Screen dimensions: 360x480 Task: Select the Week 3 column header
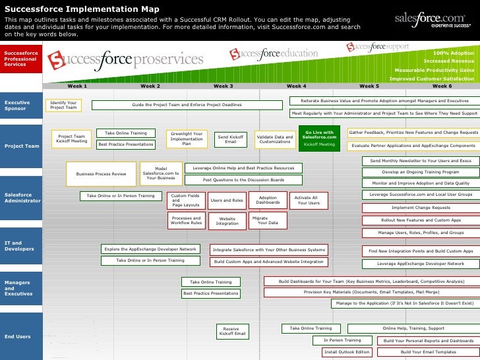pyautogui.click(x=223, y=86)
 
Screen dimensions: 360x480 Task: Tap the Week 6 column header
pyautogui.click(x=442, y=86)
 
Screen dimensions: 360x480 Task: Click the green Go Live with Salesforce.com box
pyautogui.click(x=318, y=138)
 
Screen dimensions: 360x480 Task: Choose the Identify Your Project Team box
pyautogui.click(x=63, y=105)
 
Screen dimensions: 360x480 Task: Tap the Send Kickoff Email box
pyautogui.click(x=230, y=139)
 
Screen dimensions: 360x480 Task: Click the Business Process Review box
pyautogui.click(x=101, y=173)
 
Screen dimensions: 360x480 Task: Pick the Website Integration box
pyautogui.click(x=227, y=220)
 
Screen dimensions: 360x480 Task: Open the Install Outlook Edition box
pyautogui.click(x=347, y=352)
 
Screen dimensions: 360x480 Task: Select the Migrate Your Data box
pyautogui.click(x=268, y=220)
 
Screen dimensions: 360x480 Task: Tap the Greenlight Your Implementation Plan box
pyautogui.click(x=186, y=138)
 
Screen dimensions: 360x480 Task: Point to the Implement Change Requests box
pyautogui.click(x=421, y=207)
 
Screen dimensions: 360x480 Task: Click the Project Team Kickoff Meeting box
pyautogui.click(x=71, y=138)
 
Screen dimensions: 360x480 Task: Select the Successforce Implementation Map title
pyautogui.click(x=82, y=9)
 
